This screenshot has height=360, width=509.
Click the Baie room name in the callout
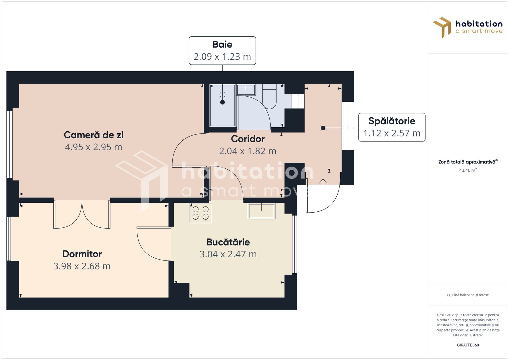coord(222,44)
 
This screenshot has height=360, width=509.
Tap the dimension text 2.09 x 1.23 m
coord(222,57)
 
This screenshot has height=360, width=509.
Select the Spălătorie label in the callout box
coord(392,121)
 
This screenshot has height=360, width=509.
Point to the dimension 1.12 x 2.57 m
coord(392,133)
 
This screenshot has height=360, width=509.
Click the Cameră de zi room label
coord(94,135)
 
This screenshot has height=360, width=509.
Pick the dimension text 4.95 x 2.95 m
coord(94,147)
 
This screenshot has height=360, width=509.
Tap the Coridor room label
coord(248,139)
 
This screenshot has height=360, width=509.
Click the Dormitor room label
coord(82,254)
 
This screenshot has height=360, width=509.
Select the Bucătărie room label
coord(228,242)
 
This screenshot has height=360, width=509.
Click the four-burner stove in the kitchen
coord(201,213)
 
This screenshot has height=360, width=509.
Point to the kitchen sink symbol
coord(262,211)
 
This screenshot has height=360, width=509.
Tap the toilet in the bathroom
coord(269,97)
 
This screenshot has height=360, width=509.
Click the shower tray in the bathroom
coord(222,106)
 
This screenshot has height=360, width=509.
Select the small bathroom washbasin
coord(246,90)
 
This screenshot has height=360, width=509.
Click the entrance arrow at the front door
coord(323,183)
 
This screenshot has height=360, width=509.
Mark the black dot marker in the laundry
coord(323,128)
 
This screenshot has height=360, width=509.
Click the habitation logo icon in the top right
coord(442,27)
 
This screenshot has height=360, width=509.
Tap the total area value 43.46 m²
coord(468,170)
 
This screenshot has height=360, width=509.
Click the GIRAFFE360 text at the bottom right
coord(468,345)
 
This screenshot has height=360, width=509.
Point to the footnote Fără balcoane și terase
coord(468,295)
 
